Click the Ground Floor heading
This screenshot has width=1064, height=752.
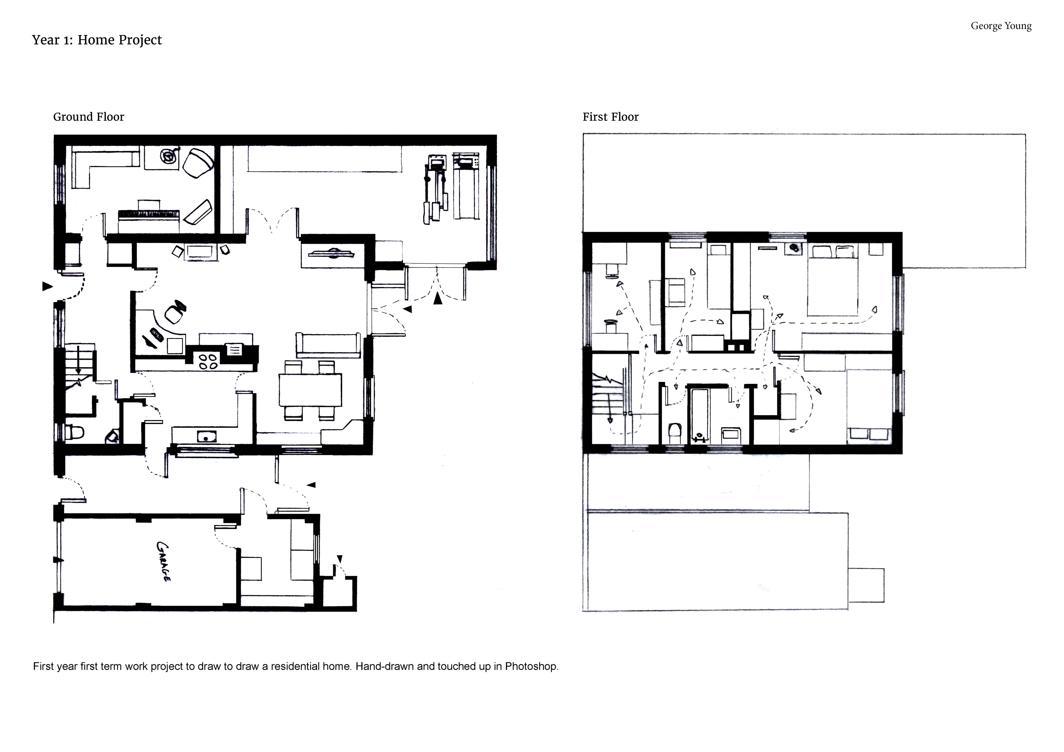88,117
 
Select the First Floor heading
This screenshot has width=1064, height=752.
610,117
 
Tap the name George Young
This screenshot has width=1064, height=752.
1001,26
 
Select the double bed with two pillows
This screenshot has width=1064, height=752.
832,280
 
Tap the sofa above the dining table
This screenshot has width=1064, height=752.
329,345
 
